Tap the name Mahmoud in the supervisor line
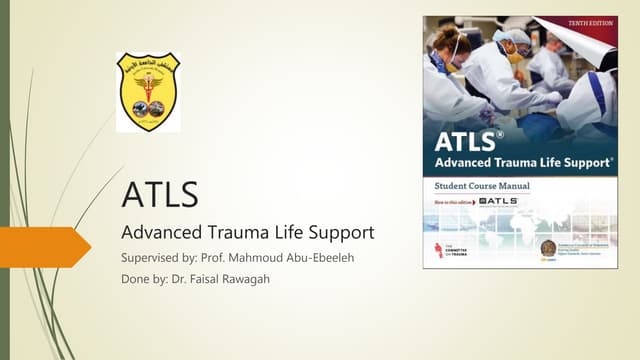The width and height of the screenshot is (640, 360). tap(248, 260)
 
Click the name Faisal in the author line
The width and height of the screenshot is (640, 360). tap(211, 281)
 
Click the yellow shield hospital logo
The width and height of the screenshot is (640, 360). tap(148, 92)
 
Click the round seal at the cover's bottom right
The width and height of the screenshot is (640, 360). tap(548, 248)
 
